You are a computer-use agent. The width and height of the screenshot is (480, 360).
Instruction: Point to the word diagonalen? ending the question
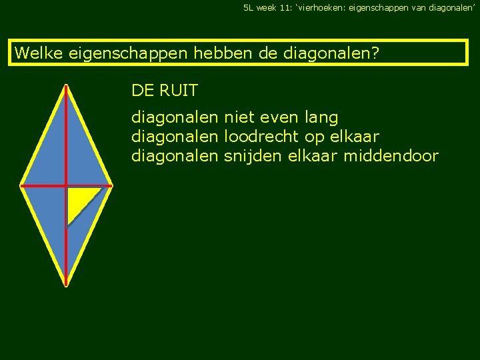(329, 53)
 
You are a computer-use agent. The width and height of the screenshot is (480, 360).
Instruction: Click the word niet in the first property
(240, 118)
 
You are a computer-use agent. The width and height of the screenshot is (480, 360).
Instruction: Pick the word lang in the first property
(321, 119)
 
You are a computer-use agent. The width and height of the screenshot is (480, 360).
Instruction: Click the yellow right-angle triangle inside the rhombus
(78, 199)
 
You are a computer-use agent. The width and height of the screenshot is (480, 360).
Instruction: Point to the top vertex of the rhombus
(67, 85)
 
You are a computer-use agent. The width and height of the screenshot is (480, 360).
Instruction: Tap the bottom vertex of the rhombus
(67, 285)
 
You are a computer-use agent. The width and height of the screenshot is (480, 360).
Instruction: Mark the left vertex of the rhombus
(21, 185)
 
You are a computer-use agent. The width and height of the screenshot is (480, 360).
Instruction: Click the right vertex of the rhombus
(113, 185)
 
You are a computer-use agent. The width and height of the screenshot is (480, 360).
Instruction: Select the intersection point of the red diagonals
(67, 185)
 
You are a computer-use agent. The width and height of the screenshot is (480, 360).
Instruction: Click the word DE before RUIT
(142, 90)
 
